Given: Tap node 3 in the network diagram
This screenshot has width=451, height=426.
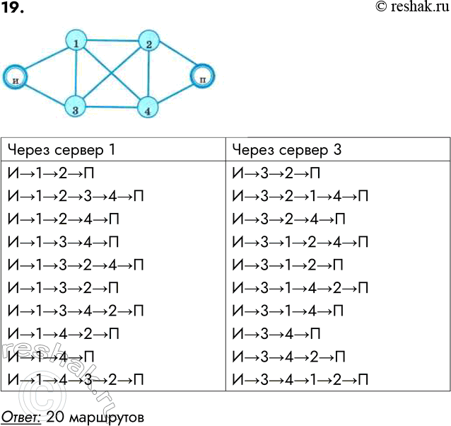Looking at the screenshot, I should [74, 107].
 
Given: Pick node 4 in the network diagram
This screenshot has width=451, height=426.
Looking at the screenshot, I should [147, 109].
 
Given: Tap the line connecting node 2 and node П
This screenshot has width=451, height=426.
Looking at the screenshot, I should [176, 59].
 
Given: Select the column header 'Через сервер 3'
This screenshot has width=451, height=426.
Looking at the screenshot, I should [286, 150].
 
